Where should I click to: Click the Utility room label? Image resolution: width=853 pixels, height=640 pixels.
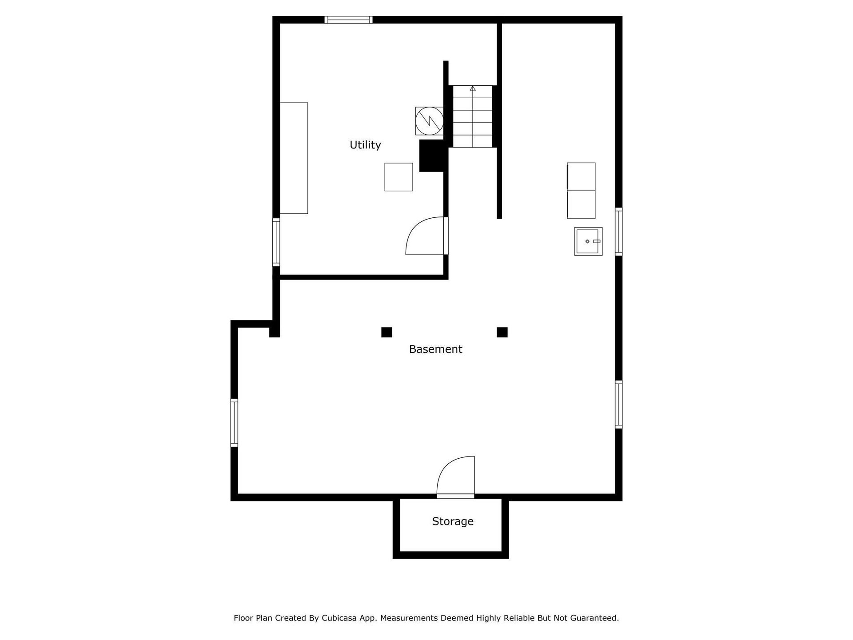[365, 145]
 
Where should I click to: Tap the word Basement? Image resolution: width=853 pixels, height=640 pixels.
[435, 349]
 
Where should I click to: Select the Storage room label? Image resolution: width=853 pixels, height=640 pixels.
[453, 522]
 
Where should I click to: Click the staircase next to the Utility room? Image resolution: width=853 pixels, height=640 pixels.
[473, 116]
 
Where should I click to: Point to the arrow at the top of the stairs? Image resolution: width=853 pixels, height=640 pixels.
[473, 88]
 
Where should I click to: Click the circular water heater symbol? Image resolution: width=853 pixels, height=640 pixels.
[429, 121]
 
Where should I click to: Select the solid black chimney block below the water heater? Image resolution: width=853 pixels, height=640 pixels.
[432, 156]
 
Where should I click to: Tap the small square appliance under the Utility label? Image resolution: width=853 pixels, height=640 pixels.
[399, 177]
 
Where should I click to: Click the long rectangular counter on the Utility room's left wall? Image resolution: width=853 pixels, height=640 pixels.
[294, 158]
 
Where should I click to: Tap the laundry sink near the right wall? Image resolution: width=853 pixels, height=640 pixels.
[588, 241]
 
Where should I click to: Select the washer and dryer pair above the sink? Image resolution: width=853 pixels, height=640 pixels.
[581, 191]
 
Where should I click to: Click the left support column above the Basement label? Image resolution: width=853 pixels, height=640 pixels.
[387, 332]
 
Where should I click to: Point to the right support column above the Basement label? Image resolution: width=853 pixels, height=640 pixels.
[502, 332]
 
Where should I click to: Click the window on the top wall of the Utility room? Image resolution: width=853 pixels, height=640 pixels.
[348, 20]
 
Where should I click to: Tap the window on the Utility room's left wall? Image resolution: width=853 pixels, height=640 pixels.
[276, 242]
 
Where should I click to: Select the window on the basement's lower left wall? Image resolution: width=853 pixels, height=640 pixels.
[234, 423]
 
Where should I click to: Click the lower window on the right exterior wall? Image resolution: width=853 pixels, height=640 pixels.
[618, 404]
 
